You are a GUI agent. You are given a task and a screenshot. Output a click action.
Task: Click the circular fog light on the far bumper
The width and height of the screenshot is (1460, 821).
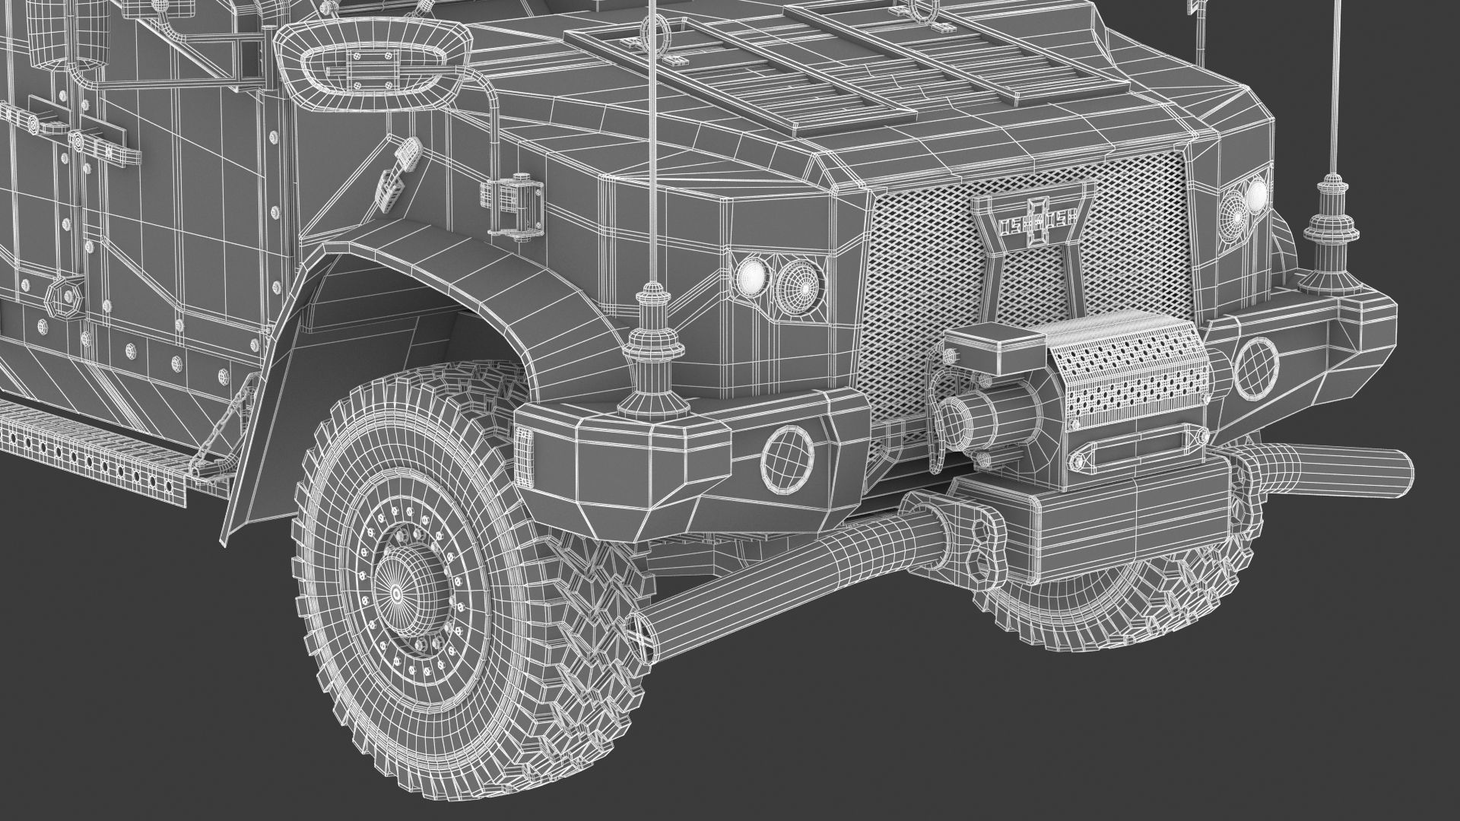1256,368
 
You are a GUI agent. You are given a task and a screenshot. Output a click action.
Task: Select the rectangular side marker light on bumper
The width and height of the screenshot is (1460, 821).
525,455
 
